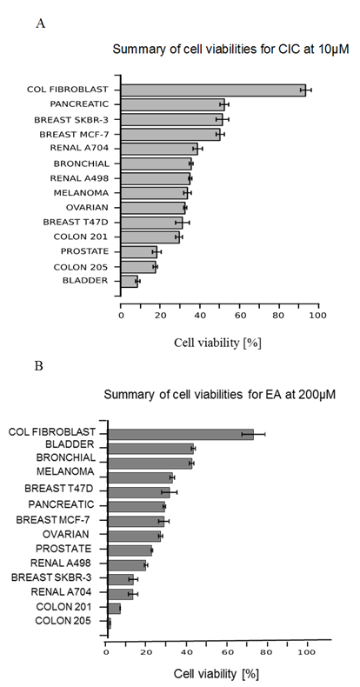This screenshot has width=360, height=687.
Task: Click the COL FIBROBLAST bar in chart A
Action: tap(213, 90)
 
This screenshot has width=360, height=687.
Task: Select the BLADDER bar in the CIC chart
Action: tap(130, 281)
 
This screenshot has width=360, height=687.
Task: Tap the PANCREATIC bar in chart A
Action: tap(172, 104)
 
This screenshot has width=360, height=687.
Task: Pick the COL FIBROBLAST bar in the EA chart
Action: tap(181, 434)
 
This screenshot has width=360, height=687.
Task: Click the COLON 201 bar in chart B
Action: tap(114, 609)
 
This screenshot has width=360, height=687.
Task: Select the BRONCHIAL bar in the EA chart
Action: tap(150, 464)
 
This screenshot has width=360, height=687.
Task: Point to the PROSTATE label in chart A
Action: tap(84, 251)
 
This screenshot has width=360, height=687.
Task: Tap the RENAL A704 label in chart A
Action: tap(79, 148)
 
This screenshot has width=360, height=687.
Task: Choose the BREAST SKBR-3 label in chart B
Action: tap(51, 577)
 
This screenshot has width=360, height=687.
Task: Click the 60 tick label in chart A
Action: tap(239, 315)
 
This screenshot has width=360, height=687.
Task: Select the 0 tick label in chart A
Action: tap(121, 315)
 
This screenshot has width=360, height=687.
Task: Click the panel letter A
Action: tap(40, 23)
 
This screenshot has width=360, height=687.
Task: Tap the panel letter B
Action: tap(38, 366)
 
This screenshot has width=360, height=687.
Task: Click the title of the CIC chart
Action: tap(230, 49)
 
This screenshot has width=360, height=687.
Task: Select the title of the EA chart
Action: tap(219, 395)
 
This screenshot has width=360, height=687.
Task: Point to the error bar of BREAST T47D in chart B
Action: tap(169, 492)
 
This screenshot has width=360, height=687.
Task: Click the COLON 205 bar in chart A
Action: tap(138, 267)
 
